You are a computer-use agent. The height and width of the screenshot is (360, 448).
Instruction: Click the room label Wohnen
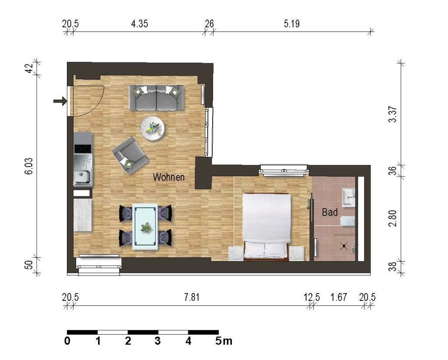[x=168, y=177]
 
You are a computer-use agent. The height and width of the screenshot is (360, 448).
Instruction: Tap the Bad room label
[x=330, y=212]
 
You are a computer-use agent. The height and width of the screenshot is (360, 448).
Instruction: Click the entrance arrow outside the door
[x=60, y=101]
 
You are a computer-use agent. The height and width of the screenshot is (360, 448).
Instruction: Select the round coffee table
[x=153, y=128]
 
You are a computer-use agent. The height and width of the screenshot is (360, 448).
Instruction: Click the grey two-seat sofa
[x=156, y=98]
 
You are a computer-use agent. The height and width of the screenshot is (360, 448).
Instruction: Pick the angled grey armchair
[x=130, y=155]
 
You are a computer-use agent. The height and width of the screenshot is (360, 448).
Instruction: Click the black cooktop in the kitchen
[x=83, y=149]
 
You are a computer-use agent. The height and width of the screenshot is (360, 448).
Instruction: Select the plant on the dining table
[x=146, y=227]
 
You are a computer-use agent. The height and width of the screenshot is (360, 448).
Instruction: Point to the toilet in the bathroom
[x=348, y=221]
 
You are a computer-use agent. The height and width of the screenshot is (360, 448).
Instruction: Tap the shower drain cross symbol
[x=344, y=246]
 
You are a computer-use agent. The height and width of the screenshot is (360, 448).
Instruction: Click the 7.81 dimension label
[x=192, y=297]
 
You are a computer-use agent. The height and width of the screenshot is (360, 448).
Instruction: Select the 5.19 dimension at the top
[x=292, y=24]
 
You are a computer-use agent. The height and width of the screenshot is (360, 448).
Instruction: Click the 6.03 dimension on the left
[x=29, y=166]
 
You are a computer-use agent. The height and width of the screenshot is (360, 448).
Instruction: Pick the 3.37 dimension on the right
[x=393, y=114]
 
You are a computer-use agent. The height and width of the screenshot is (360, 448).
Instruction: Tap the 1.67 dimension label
[x=339, y=297]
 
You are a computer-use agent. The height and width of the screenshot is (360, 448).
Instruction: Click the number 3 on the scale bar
[x=157, y=341]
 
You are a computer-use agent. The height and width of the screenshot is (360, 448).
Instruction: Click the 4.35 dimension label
[x=140, y=24]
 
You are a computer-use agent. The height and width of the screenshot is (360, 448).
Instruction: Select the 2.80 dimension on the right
[x=393, y=218]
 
